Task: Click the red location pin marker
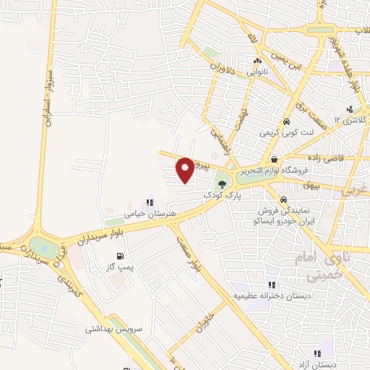tap(185, 169)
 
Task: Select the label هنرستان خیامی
tap(146, 214)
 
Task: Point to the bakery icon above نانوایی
tap(257, 61)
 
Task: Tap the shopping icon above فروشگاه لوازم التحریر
tap(274, 158)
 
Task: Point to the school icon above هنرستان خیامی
tap(149, 203)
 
